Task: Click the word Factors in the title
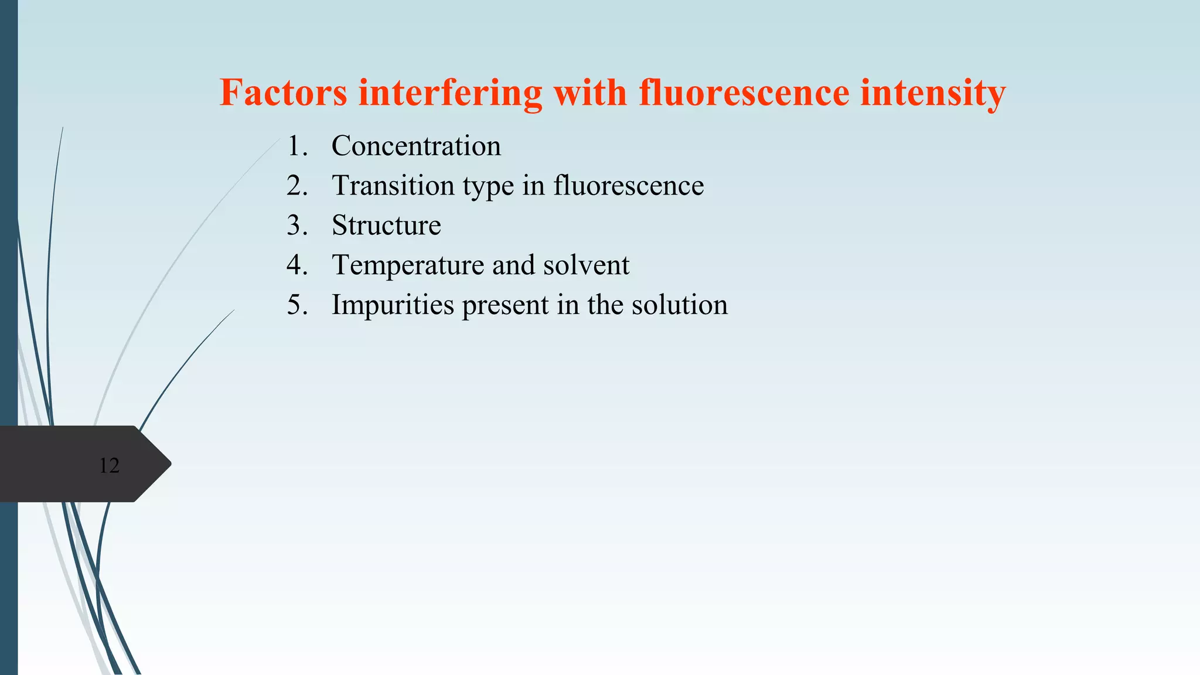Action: click(x=283, y=93)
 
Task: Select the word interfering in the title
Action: click(x=450, y=93)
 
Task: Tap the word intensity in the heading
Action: click(x=933, y=93)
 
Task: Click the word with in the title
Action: click(x=590, y=93)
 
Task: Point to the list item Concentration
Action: click(x=416, y=146)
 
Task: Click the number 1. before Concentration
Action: click(x=297, y=146)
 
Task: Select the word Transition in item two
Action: click(x=393, y=186)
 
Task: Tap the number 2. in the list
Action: click(x=297, y=186)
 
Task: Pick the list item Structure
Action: click(x=386, y=226)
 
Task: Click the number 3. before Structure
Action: click(x=297, y=226)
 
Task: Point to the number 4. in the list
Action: click(x=297, y=265)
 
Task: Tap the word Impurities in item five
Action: click(x=393, y=305)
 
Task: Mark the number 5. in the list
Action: click(x=297, y=305)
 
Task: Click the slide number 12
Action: click(x=109, y=465)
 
